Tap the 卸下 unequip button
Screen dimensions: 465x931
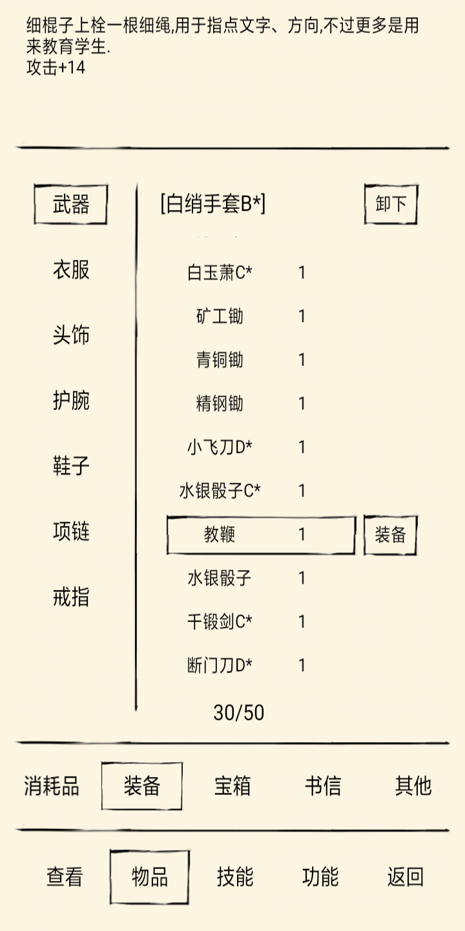[x=391, y=204]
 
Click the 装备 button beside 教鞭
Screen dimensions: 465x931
[x=390, y=535]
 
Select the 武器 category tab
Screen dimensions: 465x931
[x=70, y=204]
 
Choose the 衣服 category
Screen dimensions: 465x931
[x=71, y=270]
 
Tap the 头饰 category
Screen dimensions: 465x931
[x=71, y=335]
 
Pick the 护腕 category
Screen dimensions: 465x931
[x=71, y=401]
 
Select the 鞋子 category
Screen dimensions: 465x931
[x=71, y=466]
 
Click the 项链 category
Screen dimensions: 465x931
[x=71, y=531]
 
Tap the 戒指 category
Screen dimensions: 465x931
[x=71, y=597]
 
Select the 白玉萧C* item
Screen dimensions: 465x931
[x=220, y=273]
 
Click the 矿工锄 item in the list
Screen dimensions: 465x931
[x=220, y=316]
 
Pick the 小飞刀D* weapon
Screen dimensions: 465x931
[x=220, y=447]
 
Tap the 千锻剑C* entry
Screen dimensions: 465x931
[x=220, y=622]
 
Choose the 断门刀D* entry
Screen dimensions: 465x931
[x=220, y=665]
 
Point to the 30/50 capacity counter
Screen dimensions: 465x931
[x=239, y=712]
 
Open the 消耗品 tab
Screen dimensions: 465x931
[x=52, y=786]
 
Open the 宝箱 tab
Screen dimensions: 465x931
[x=232, y=786]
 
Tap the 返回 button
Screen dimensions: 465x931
[x=405, y=877]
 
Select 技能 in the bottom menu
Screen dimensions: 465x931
[x=235, y=877]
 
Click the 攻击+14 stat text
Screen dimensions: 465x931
[x=56, y=67]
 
